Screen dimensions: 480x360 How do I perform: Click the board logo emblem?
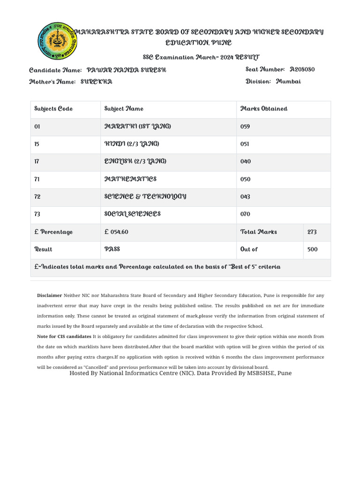pos(57,41)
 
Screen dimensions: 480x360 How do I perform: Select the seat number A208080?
pos(302,69)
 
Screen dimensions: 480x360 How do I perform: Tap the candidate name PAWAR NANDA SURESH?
pos(127,70)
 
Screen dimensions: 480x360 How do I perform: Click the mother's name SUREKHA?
pos(97,82)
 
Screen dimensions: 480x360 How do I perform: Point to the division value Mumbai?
pos(288,82)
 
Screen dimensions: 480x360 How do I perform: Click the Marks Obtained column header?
pos(264,109)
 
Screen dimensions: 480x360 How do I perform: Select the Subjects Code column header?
pos(53,109)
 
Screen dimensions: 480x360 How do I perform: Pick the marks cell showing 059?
pos(245,127)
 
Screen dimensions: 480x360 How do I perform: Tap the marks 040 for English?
pos(245,162)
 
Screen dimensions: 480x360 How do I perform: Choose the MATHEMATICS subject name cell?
pos(130,179)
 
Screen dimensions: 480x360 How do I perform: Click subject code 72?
pos(37,197)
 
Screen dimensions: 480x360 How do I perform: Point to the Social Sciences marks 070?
pos(245,214)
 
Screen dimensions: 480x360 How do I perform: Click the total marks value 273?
pos(312,232)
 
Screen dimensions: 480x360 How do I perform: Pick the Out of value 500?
pos(312,249)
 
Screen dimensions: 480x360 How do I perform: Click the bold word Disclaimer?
pos(49,295)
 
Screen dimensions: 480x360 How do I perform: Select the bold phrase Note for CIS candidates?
pos(64,337)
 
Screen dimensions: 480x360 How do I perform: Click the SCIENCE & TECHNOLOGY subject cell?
pos(145,196)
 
